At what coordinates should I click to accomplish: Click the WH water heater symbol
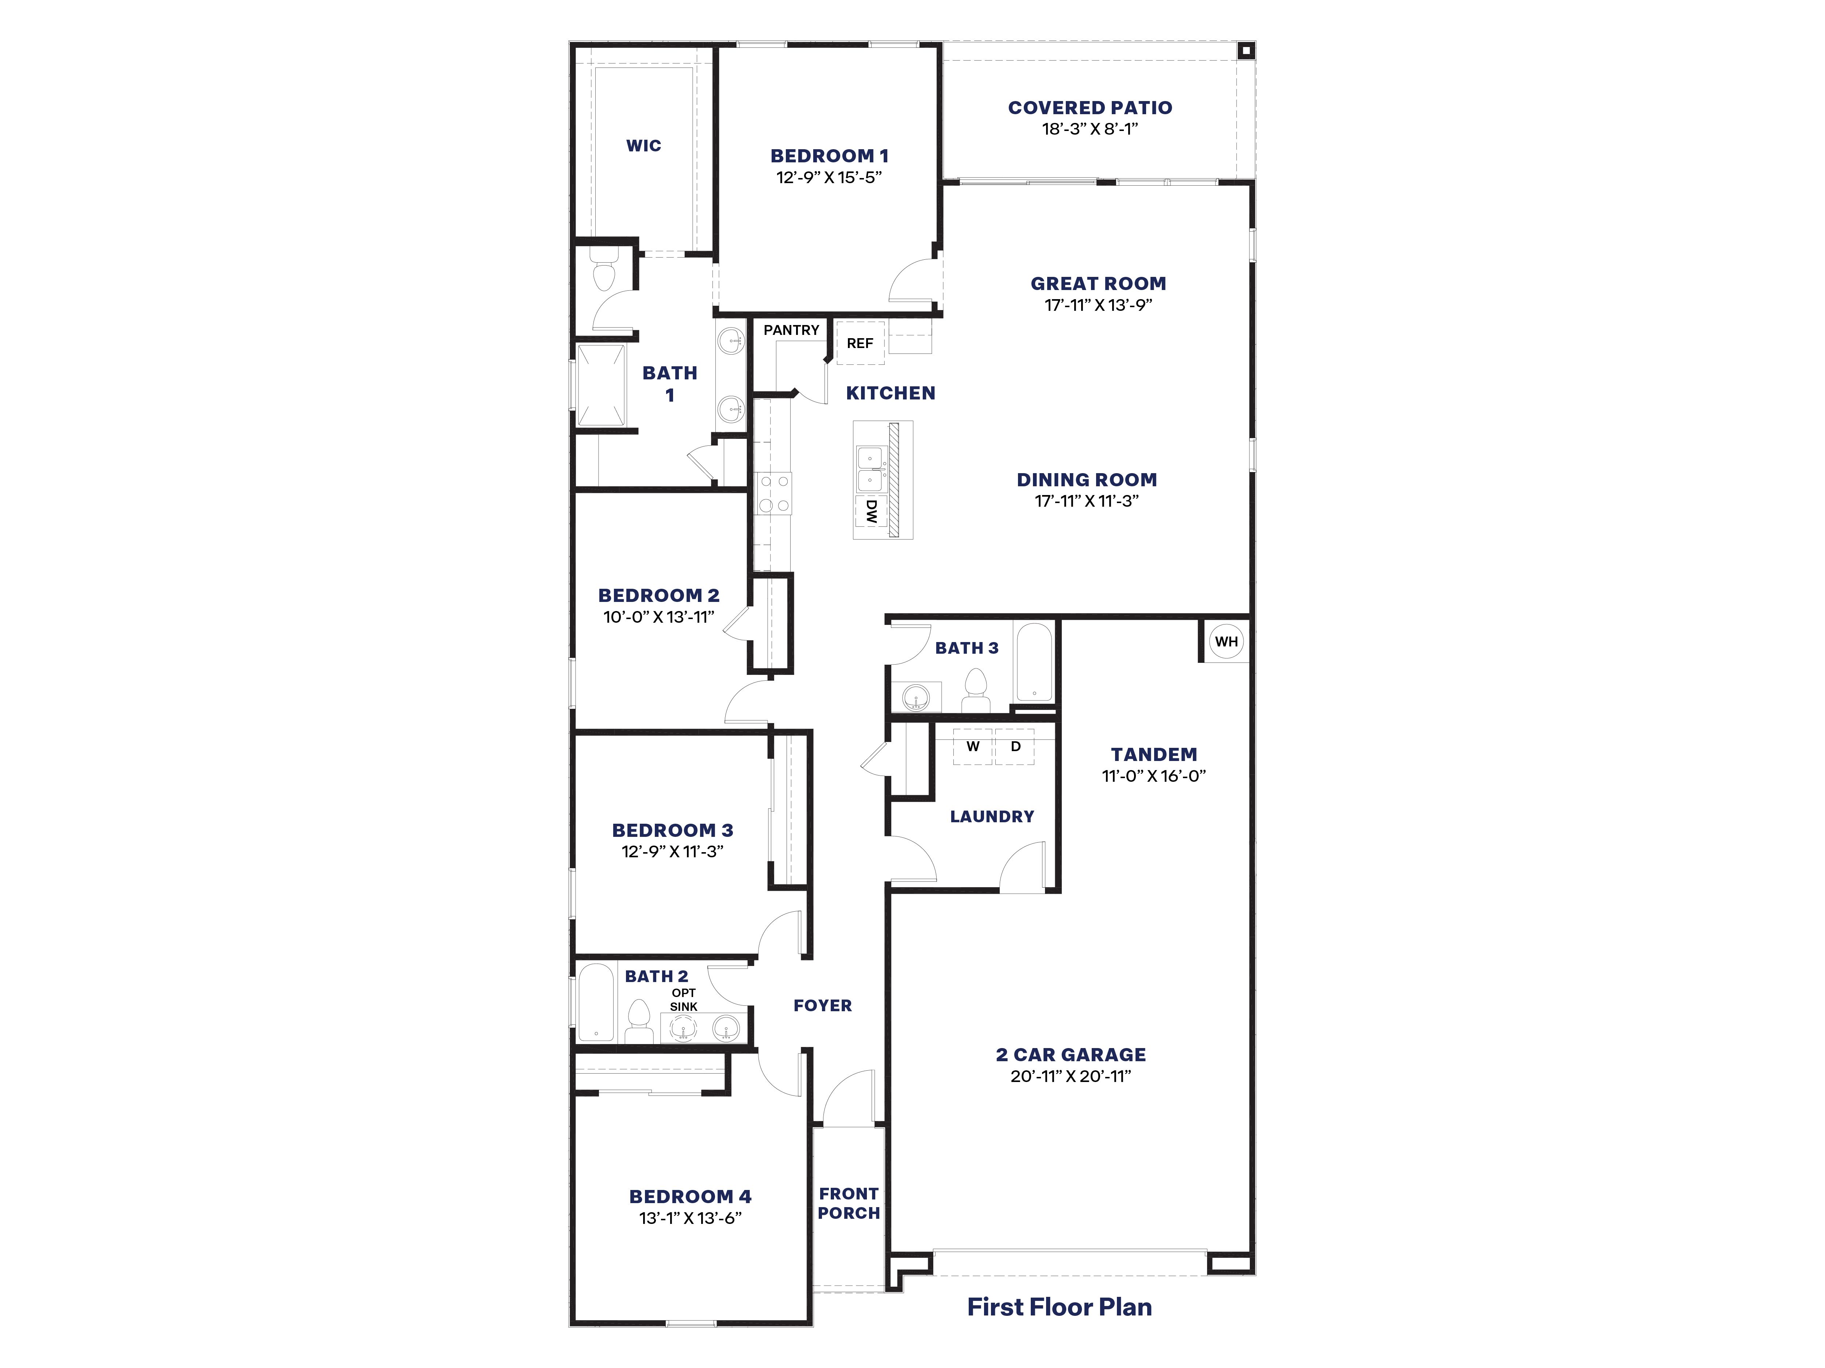pos(1226,642)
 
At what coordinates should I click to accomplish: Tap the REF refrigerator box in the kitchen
pos(860,343)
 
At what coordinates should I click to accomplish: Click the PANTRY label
pos(791,330)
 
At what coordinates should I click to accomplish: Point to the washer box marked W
pos(973,747)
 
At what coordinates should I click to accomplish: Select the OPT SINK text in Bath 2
pos(683,1000)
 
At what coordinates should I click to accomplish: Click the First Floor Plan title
pos(1059,1307)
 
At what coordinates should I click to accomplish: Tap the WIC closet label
pos(643,146)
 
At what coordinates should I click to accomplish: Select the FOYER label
pos(823,1005)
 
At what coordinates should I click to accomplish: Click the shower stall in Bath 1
pos(601,386)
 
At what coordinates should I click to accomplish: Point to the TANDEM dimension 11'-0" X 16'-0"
pos(1153,776)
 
